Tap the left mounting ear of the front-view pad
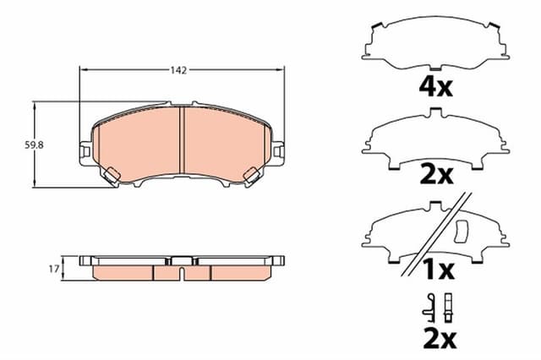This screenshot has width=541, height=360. coord(85,151)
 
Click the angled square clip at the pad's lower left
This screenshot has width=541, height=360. coord(111,175)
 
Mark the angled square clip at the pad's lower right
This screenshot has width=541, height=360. coord(251,175)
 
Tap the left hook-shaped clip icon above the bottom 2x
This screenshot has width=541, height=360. coord(431,306)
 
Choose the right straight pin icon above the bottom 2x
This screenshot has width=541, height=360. coord(448,305)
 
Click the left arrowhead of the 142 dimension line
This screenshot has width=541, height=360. coord(83,71)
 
